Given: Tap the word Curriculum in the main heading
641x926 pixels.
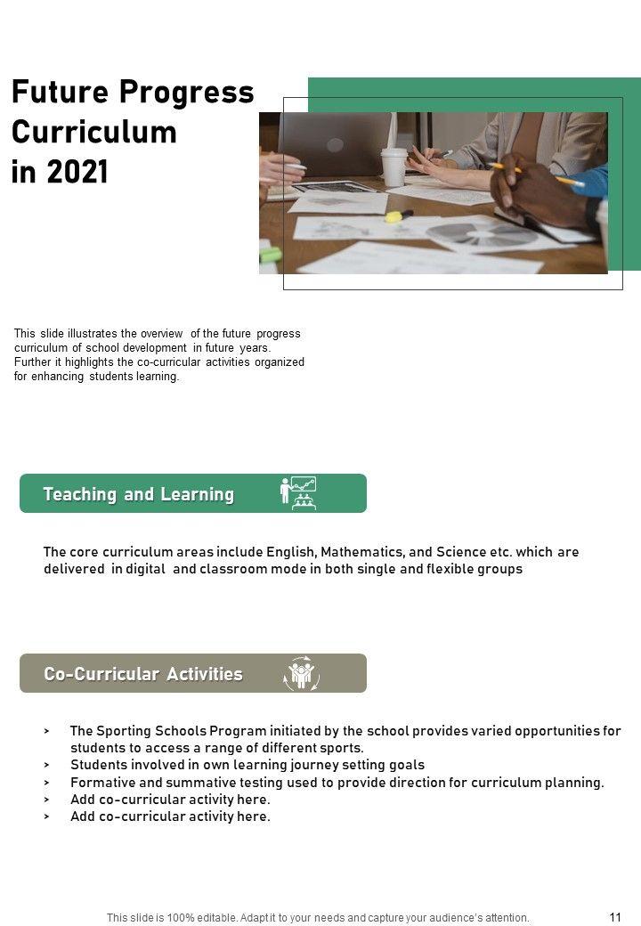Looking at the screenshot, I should pos(93,132).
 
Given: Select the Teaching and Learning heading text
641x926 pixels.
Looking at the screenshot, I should pos(138,494).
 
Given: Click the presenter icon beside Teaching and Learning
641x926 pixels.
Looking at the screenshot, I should pos(298,492).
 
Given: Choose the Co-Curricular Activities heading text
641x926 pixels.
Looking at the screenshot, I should pos(142,674).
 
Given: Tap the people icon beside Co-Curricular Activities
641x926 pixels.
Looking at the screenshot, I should pos(301,674).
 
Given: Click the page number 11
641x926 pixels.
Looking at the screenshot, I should pos(615,917).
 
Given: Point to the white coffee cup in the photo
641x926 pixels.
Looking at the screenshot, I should pos(394,166).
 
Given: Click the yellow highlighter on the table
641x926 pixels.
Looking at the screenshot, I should pos(397,215).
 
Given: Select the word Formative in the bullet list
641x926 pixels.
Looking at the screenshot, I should pos(102,783).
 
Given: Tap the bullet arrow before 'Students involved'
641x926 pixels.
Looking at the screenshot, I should pos(46,765).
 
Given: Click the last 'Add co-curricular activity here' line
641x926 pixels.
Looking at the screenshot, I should pos(169,816).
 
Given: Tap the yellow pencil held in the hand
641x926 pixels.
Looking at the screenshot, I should pos(543,175).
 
